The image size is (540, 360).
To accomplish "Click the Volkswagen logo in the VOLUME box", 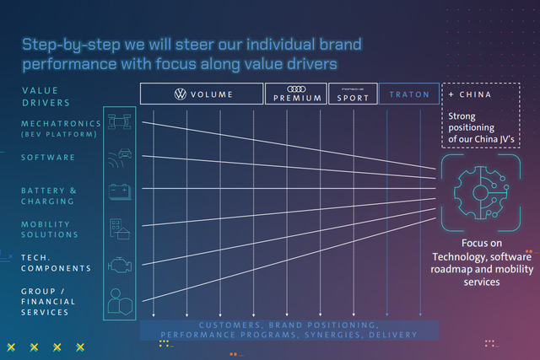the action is tap(180, 94).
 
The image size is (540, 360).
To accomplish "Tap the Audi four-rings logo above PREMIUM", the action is tap(296, 89).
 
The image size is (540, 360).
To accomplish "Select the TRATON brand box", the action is tap(409, 94).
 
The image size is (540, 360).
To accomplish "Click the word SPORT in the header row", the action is tap(353, 98).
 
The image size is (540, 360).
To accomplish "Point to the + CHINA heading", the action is tap(470, 94).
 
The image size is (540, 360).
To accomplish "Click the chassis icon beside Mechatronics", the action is tap(120, 122).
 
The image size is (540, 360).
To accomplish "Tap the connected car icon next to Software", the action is tap(120, 158).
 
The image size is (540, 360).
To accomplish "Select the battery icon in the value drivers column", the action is tap(120, 191).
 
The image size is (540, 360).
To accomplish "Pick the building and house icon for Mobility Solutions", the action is tap(120, 228).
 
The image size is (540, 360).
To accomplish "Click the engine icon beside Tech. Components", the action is tap(120, 265).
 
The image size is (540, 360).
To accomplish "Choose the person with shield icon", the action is tap(120, 302).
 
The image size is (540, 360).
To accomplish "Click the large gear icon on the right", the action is tap(481, 193).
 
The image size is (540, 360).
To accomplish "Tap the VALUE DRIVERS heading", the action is tap(46, 97).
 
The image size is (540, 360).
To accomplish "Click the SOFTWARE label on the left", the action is tap(48, 158).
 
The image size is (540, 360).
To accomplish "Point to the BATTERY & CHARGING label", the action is tap(49, 196).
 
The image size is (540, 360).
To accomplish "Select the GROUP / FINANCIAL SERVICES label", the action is tap(48, 302).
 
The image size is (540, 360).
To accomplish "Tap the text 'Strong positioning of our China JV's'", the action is tap(481, 127).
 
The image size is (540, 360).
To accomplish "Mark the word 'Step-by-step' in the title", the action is tap(71, 45).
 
